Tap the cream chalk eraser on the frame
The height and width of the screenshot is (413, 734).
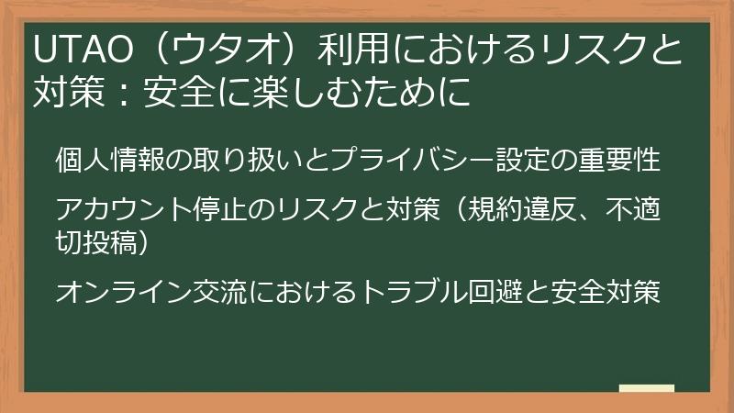(x=646, y=390)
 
